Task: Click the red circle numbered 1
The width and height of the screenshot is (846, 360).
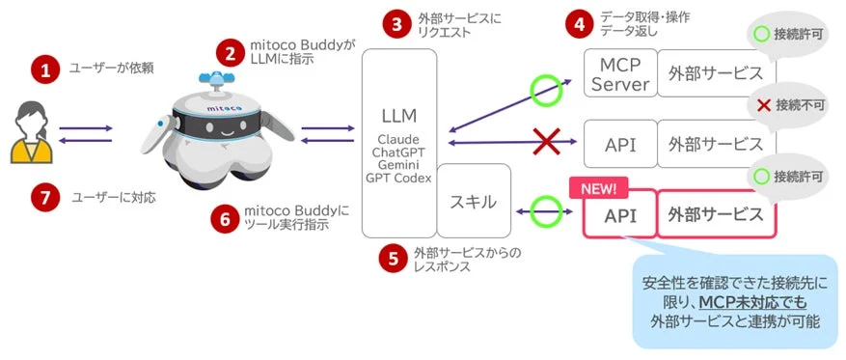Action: click(x=42, y=69)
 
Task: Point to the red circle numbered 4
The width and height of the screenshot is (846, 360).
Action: click(x=579, y=24)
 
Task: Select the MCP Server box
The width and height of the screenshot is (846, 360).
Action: click(x=619, y=74)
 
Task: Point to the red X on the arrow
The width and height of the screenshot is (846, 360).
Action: click(x=548, y=143)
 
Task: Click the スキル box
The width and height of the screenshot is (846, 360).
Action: click(x=474, y=202)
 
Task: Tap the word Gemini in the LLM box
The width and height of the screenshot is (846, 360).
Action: click(x=397, y=166)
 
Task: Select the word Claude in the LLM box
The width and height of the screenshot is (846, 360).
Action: click(x=397, y=140)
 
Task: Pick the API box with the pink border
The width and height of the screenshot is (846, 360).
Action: click(x=618, y=215)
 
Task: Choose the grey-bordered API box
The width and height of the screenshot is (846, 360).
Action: click(x=619, y=144)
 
